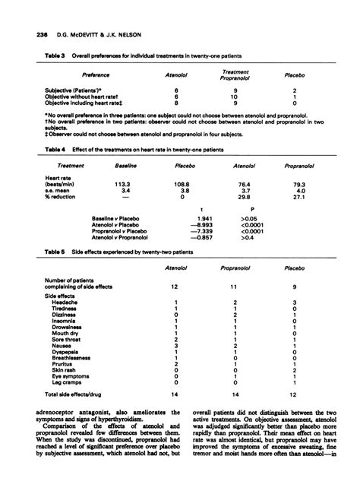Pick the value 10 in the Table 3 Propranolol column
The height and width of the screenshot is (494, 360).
pyautogui.click(x=235, y=97)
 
